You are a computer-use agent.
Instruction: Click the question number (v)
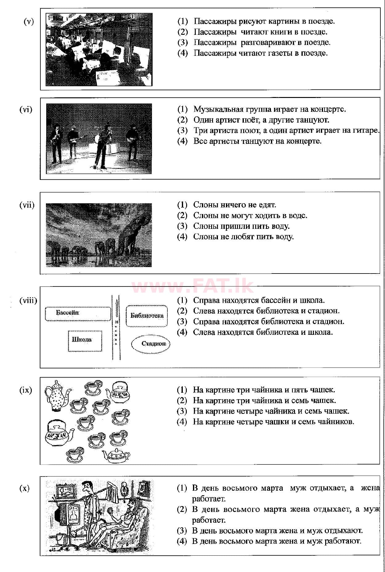29,22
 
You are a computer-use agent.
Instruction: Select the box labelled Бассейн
78,314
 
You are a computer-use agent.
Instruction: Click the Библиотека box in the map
147,316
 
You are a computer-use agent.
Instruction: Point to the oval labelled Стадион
151,344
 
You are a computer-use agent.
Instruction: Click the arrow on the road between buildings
116,308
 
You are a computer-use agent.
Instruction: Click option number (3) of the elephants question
182,226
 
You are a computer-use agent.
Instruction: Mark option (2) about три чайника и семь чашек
182,400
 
